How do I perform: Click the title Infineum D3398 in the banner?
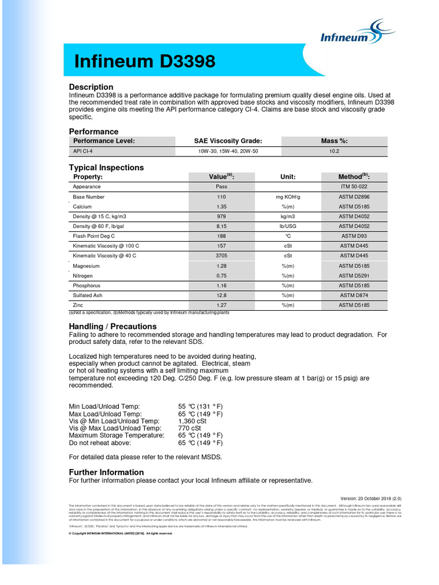coord(145,62)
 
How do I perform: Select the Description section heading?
coord(91,87)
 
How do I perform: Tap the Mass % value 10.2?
coord(334,151)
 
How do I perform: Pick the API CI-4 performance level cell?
coord(83,151)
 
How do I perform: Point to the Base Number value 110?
coord(221,197)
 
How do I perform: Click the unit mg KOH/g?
coord(288,197)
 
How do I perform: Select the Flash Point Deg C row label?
coord(94,236)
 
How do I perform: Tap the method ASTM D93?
coord(354,236)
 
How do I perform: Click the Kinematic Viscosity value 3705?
coord(221,256)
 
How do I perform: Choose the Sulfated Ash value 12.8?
coord(221,295)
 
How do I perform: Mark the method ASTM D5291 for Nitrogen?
coord(354,275)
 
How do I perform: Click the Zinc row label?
coord(78,306)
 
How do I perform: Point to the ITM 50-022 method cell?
coord(354,186)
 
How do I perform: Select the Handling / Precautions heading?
coord(113,326)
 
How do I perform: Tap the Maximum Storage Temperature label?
coord(117,435)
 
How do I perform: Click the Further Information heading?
coord(106,472)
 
